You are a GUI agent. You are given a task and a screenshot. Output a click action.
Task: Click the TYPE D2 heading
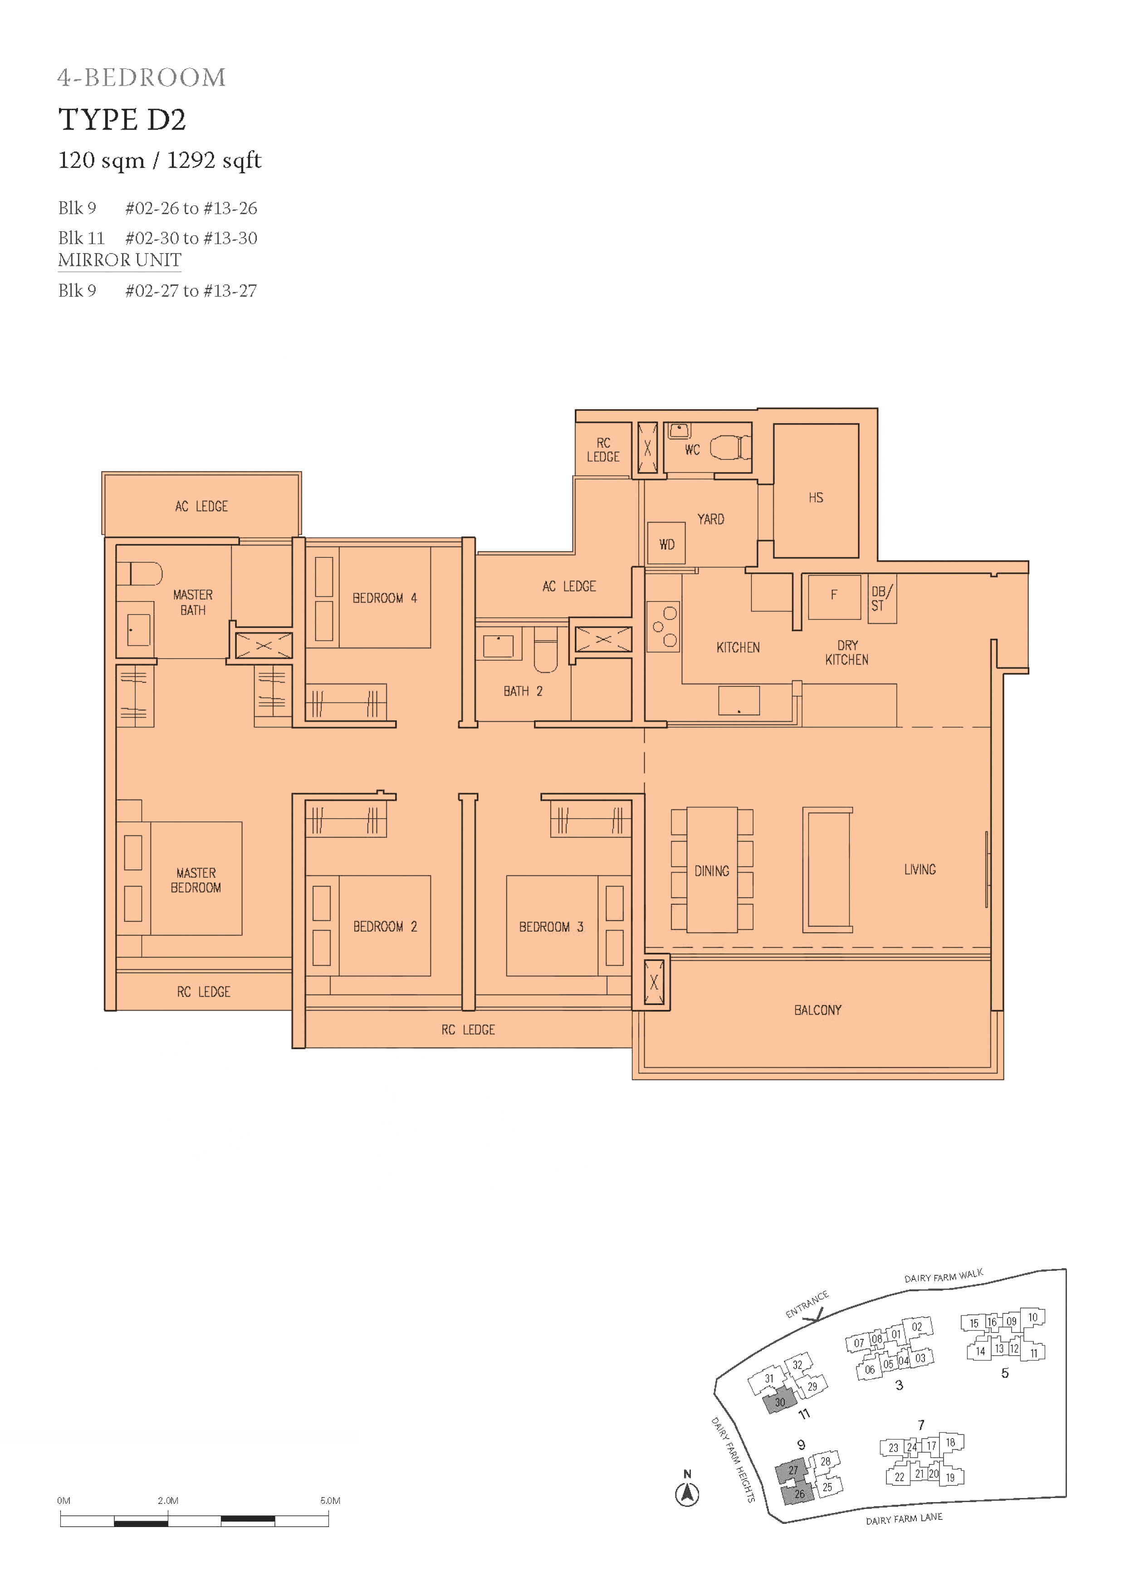122,120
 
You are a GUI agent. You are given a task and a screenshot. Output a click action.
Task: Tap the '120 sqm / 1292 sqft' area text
159,161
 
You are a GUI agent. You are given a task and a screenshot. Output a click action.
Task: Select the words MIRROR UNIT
120,260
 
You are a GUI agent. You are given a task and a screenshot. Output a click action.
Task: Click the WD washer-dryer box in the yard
666,544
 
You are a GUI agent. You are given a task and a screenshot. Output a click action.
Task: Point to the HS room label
816,498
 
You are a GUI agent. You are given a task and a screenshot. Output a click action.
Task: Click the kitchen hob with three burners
663,626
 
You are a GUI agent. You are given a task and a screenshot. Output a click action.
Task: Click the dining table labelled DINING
712,869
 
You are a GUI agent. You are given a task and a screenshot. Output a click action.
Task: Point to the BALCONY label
818,1010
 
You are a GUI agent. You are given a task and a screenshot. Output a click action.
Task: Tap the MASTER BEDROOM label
196,880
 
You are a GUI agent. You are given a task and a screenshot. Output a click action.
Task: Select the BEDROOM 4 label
385,598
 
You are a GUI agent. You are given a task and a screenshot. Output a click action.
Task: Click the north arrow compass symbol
687,1494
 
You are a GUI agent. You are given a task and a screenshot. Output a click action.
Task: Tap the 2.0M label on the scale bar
168,1500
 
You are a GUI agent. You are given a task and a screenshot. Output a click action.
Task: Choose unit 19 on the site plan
949,1477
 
